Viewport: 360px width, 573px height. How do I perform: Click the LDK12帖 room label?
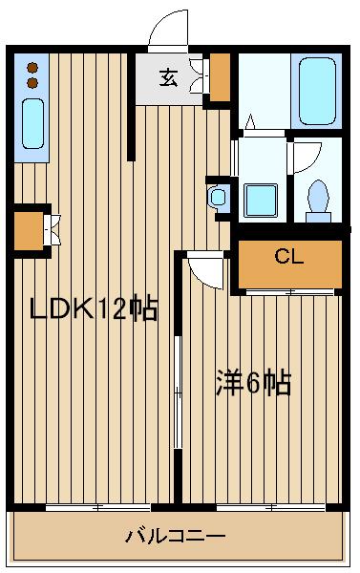click(93, 310)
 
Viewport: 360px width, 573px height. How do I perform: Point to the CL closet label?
click(287, 256)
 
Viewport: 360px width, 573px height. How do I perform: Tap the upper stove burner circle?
click(32, 68)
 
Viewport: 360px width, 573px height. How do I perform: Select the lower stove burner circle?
click(32, 83)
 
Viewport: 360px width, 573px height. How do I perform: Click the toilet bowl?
click(317, 196)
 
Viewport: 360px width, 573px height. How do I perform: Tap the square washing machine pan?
click(260, 199)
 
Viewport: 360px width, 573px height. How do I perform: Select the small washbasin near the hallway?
click(219, 199)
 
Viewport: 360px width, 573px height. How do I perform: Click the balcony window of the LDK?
click(93, 506)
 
